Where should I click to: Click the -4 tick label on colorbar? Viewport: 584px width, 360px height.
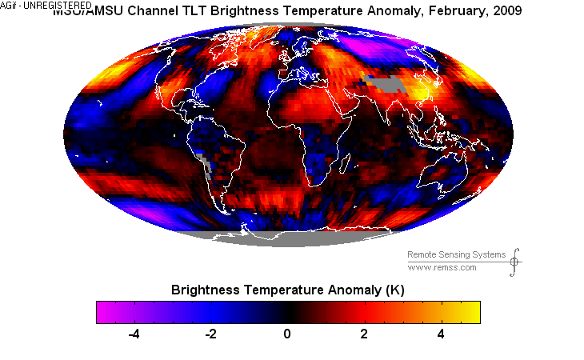pos(134,334)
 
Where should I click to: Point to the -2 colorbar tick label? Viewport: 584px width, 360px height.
pos(210,334)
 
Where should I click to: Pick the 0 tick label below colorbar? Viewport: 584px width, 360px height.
pos(288,334)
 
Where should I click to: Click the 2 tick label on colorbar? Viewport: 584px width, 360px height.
pos(365,334)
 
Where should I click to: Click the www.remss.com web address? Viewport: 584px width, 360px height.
pos(442,267)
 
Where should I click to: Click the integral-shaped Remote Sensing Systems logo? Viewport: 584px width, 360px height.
pos(515,261)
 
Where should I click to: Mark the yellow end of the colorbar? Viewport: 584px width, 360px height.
pos(472,311)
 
